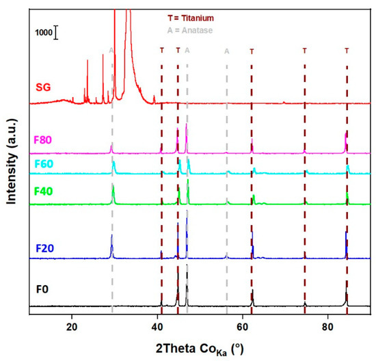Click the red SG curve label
(x=42, y=88)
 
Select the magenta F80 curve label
(x=43, y=140)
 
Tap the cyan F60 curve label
(x=43, y=164)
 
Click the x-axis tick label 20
(x=72, y=325)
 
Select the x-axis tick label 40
(x=157, y=325)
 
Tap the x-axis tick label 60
(x=243, y=325)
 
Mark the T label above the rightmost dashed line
(x=347, y=51)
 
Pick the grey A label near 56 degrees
(x=227, y=51)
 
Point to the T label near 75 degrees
(x=305, y=51)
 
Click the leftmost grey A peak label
(x=111, y=51)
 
